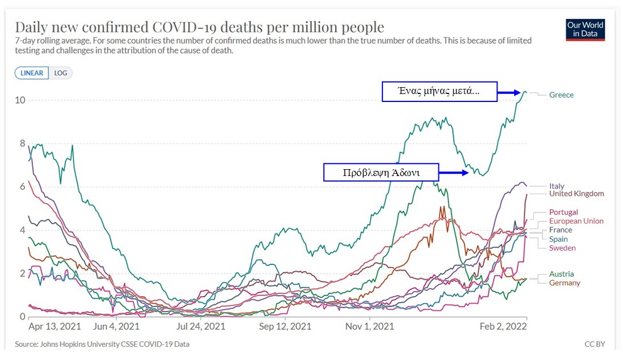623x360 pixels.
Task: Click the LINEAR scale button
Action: pos(32,73)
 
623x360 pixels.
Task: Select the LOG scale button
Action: pos(60,73)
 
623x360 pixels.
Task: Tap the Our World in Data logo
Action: pos(585,30)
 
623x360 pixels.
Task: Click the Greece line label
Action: pos(561,95)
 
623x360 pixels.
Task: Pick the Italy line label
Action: pos(557,186)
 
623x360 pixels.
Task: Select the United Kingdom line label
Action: pos(576,194)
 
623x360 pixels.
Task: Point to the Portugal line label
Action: pos(563,212)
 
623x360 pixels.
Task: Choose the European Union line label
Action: pos(576,221)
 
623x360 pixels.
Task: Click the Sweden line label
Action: pos(562,248)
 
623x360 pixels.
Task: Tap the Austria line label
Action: pos(561,274)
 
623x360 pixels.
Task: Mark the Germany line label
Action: pos(564,283)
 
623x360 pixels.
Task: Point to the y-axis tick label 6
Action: pos(22,187)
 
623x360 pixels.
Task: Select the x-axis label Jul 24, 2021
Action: pos(201,327)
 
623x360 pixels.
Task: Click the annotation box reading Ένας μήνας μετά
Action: pos(439,92)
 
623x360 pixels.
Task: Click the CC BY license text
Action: pos(595,345)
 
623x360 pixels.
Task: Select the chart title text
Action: pos(199,27)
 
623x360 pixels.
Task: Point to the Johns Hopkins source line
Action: pos(102,345)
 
